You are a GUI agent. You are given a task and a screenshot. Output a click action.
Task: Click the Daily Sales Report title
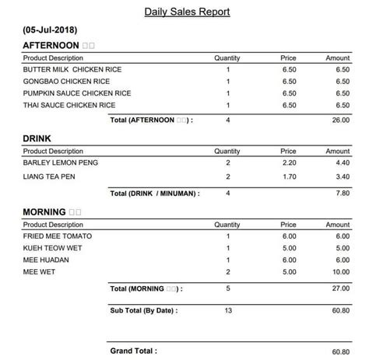tap(187, 12)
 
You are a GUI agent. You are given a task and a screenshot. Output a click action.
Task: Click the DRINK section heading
tap(38, 138)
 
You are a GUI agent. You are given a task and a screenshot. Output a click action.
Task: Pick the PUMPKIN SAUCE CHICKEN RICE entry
tap(77, 93)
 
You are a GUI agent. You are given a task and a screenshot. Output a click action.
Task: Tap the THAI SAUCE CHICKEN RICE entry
tap(69, 104)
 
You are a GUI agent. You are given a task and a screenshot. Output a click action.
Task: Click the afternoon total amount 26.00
tap(341, 120)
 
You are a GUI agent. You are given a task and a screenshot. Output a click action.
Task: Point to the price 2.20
tap(289, 163)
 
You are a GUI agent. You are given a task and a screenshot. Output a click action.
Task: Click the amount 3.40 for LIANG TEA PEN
tap(343, 178)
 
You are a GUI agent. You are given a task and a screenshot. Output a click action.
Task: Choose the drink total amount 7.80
tap(343, 193)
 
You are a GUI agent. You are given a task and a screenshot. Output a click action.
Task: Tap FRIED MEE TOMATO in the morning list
tap(57, 236)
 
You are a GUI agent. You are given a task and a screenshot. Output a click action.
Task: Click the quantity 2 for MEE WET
tap(228, 272)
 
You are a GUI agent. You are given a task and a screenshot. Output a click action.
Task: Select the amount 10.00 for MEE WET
tap(341, 272)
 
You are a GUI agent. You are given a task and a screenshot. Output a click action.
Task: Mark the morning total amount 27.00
tap(341, 289)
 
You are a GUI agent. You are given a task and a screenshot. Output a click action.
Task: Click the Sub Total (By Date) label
tap(145, 311)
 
